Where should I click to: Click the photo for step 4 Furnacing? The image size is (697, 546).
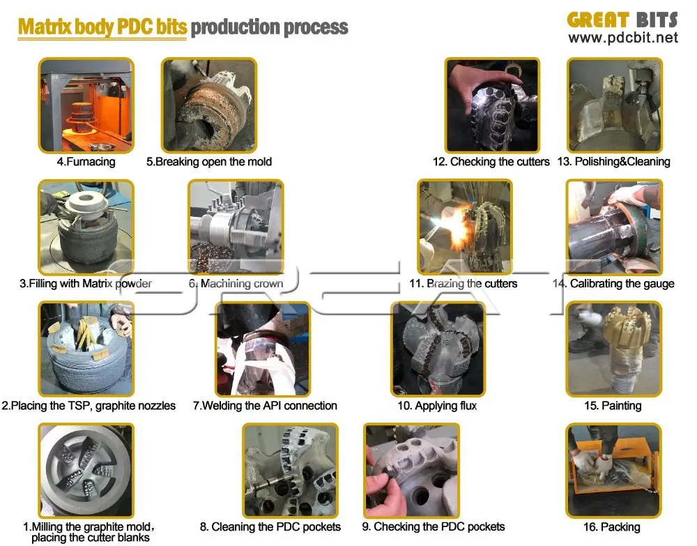pyautogui.click(x=86, y=105)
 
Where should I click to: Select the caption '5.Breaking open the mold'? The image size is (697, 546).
pyautogui.click(x=209, y=162)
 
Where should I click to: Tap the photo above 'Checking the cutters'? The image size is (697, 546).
pyautogui.click(x=492, y=105)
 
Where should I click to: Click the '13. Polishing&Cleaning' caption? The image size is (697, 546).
pyautogui.click(x=613, y=162)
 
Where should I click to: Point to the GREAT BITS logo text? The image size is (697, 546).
pyautogui.click(x=622, y=20)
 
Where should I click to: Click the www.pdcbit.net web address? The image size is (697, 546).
pyautogui.click(x=622, y=38)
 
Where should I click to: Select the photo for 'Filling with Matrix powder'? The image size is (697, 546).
pyautogui.click(x=86, y=227)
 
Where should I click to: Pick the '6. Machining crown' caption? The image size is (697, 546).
pyautogui.click(x=236, y=284)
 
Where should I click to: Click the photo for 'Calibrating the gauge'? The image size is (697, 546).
pyautogui.click(x=613, y=227)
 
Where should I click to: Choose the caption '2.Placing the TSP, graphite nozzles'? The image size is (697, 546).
pyautogui.click(x=89, y=405)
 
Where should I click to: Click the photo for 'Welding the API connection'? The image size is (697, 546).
pyautogui.click(x=262, y=349)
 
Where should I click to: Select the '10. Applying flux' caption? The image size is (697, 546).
pyautogui.click(x=437, y=405)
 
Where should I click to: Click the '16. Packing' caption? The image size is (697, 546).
pyautogui.click(x=613, y=527)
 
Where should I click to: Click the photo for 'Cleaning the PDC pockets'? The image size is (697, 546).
pyautogui.click(x=290, y=471)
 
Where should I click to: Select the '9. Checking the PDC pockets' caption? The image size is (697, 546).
pyautogui.click(x=433, y=527)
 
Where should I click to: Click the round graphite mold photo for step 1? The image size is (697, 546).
pyautogui.click(x=86, y=471)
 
